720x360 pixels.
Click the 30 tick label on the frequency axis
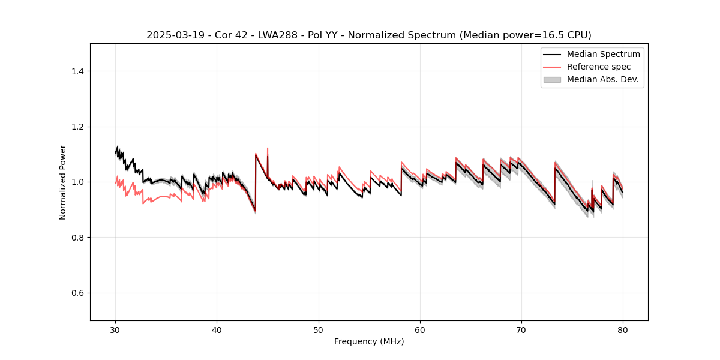point(115,329)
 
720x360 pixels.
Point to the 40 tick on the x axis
point(217,329)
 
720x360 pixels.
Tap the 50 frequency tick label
point(319,329)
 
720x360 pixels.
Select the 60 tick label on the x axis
point(420,329)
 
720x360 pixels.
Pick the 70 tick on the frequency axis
point(521,329)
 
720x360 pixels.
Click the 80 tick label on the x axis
point(623,329)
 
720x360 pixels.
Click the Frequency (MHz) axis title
point(369,341)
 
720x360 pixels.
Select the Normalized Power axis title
point(63,182)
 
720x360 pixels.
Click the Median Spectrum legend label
point(603,54)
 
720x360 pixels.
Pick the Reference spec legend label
point(599,67)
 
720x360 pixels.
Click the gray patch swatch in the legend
point(552,79)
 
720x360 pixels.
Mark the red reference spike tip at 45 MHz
point(268,148)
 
